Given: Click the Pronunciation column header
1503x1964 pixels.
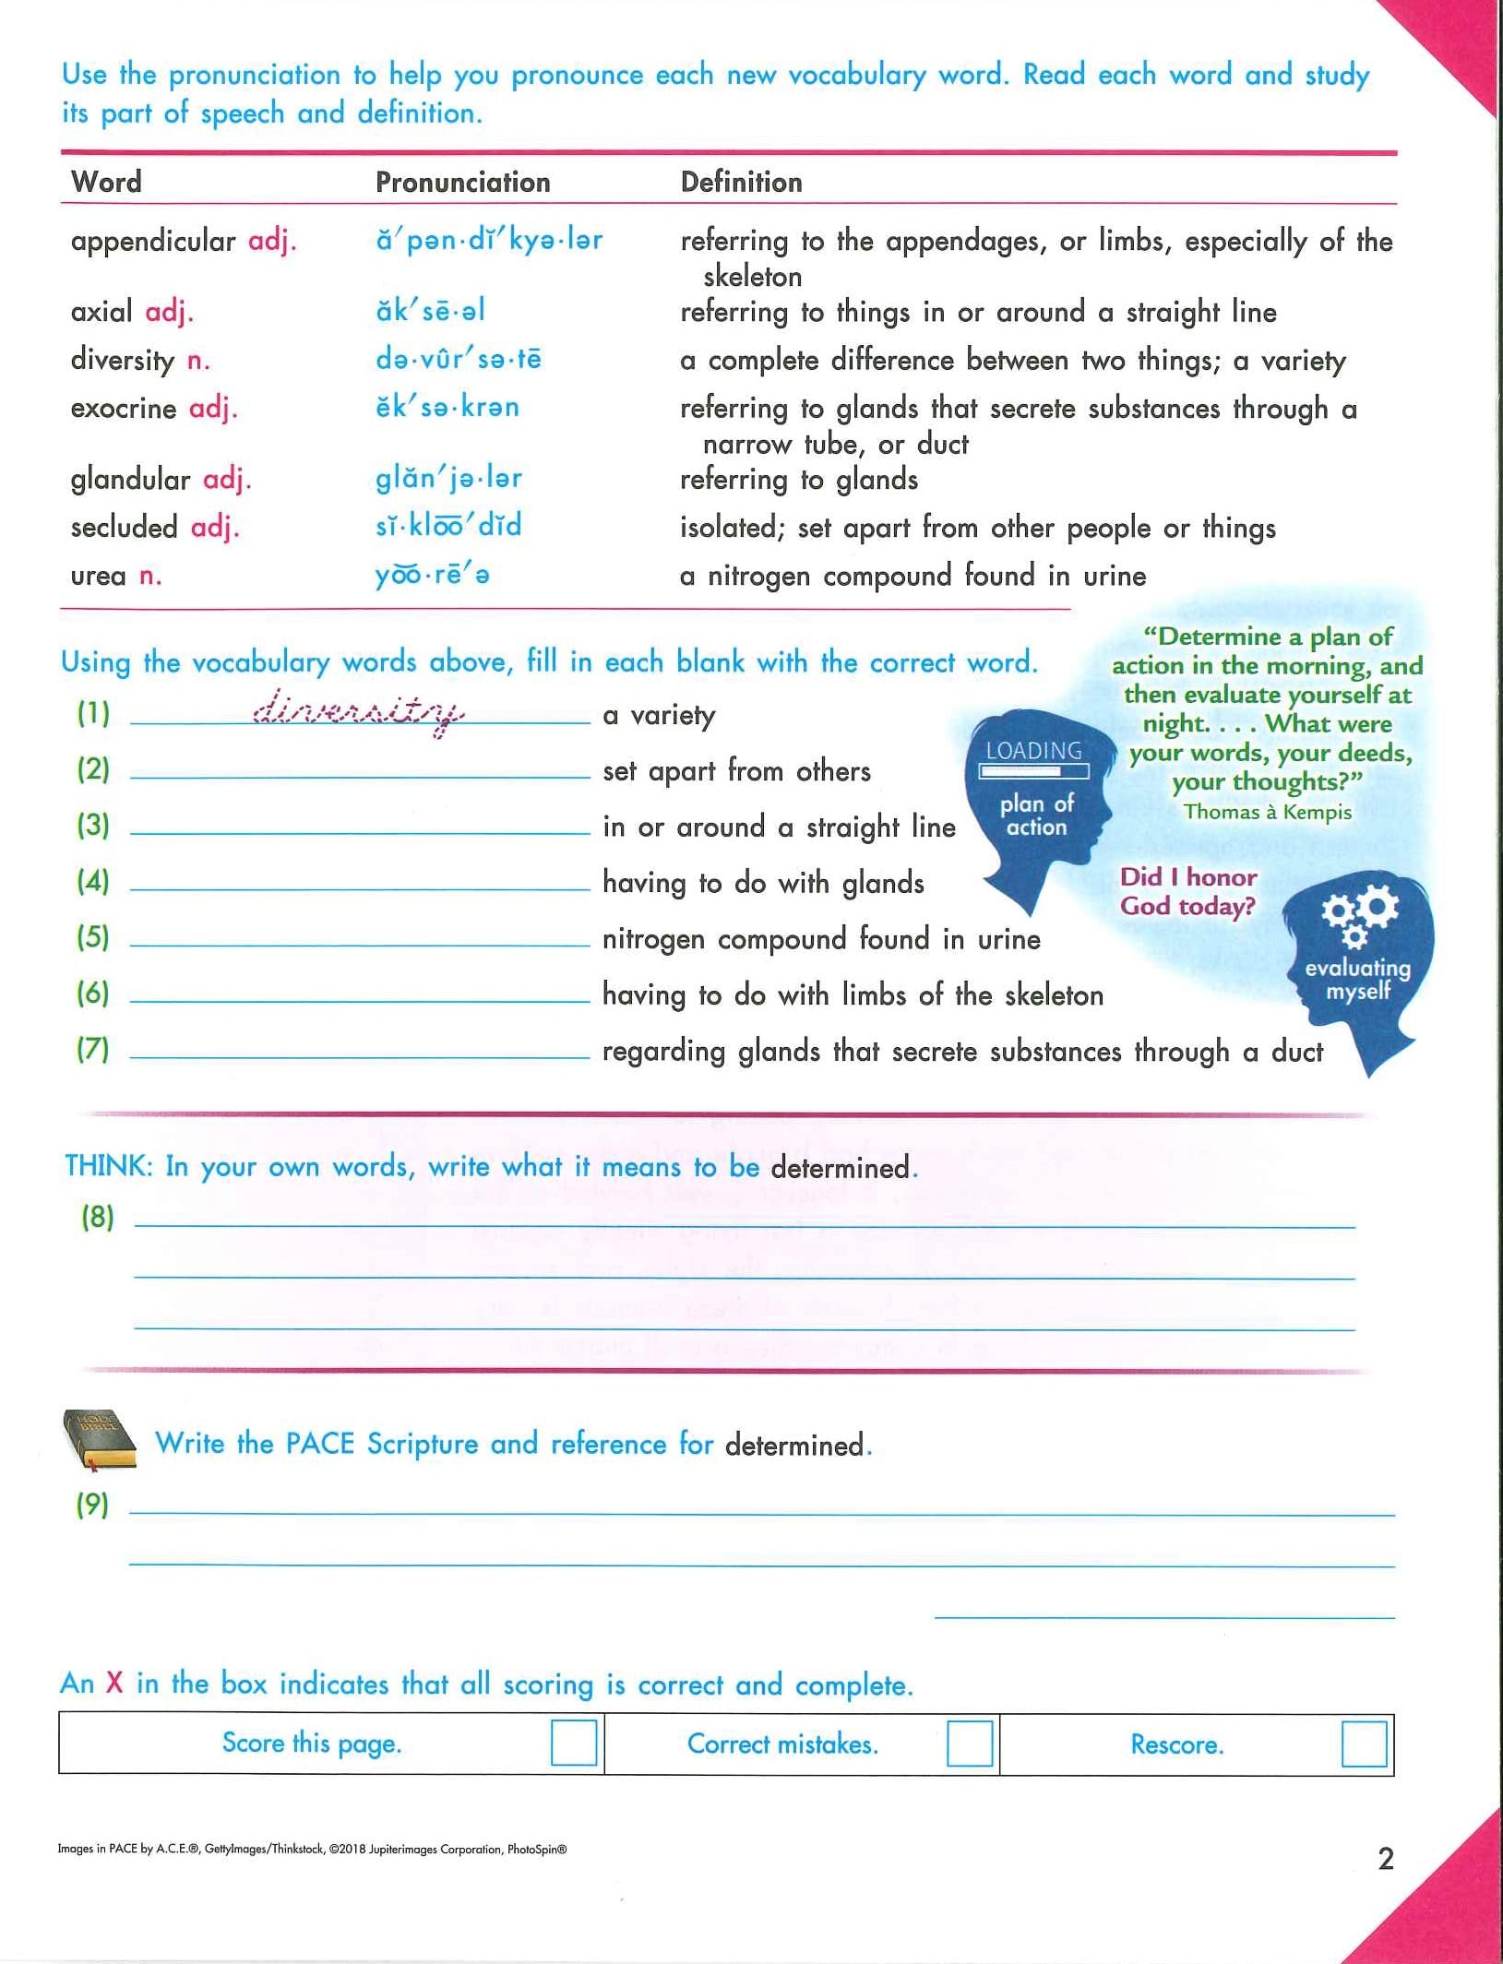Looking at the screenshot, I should point(462,182).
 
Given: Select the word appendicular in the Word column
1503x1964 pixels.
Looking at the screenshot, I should point(153,241).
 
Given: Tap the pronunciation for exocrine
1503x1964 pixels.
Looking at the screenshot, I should point(447,407).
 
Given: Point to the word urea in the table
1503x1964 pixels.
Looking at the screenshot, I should point(98,576).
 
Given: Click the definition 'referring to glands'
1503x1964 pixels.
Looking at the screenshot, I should point(799,480).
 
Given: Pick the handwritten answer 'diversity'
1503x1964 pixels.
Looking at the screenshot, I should point(359,711).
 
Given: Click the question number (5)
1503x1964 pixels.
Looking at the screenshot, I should point(93,937).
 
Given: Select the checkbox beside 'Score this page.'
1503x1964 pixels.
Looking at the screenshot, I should point(573,1743).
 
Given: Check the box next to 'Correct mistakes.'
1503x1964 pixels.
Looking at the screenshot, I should point(969,1743).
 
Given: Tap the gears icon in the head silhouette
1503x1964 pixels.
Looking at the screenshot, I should point(1359,914).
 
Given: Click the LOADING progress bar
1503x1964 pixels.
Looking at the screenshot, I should point(1033,770).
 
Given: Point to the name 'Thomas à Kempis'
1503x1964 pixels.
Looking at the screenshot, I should point(1268,812).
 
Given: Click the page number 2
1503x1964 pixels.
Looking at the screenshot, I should point(1386,1858).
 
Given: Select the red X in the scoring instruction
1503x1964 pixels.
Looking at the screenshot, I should point(114,1683).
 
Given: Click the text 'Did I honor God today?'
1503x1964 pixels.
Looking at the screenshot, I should point(1188,891).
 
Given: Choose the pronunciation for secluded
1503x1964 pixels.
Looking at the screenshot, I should point(448,526).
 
